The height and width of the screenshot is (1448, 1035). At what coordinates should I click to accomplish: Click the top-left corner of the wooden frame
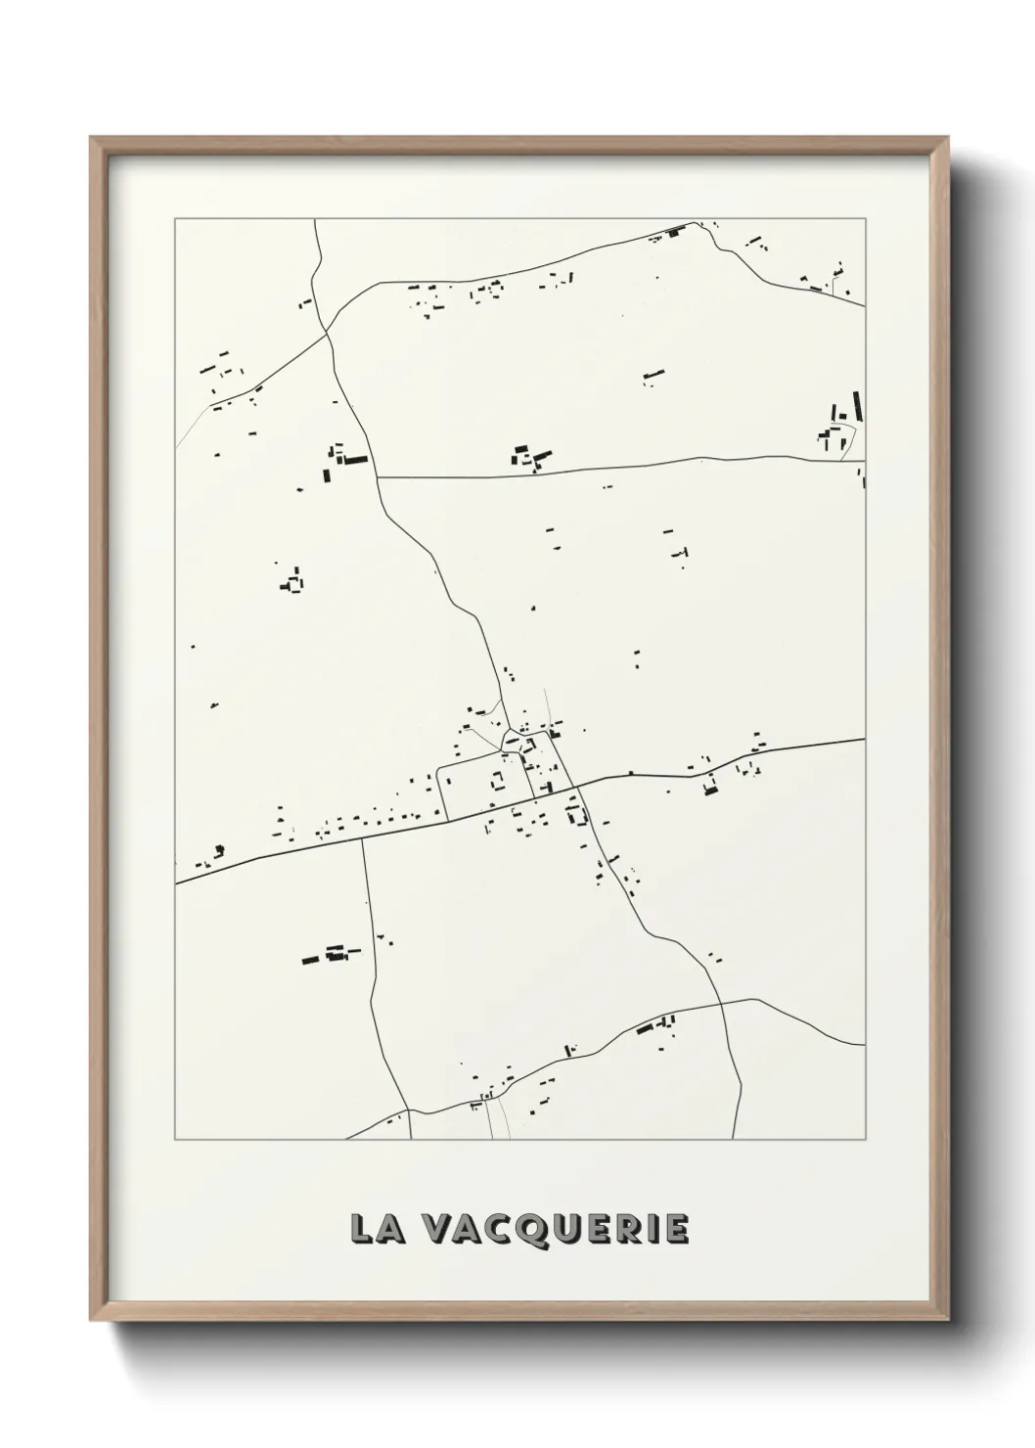point(91,138)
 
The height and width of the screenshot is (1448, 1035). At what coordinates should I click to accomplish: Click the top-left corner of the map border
point(175,218)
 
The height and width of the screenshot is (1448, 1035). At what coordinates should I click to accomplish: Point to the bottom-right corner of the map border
point(866,1140)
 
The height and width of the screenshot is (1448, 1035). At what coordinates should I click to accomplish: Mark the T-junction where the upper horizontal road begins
point(378,477)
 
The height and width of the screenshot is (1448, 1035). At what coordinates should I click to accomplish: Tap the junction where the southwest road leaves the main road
point(362,837)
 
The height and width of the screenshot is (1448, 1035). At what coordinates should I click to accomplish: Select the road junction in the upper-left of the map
point(328,334)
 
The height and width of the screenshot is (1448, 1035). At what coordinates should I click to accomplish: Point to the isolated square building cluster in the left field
point(292,583)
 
